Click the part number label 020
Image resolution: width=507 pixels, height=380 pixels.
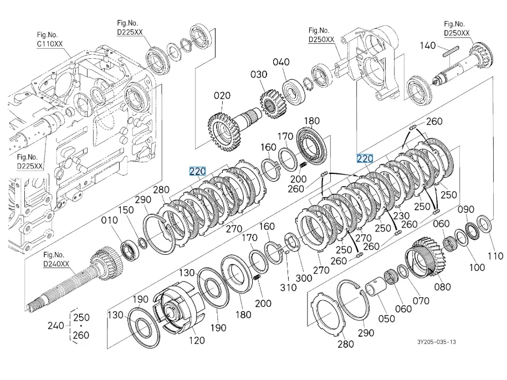(x=222, y=96)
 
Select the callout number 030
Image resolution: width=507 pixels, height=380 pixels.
(x=258, y=74)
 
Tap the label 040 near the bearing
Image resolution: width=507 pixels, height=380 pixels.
(x=281, y=62)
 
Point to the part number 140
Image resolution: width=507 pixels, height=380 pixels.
(x=427, y=45)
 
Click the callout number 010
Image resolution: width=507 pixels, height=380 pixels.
(x=109, y=220)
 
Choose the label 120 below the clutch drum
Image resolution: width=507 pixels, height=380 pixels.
(x=197, y=341)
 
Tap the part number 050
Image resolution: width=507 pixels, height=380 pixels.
(x=386, y=319)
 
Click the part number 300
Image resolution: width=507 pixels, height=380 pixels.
(x=304, y=278)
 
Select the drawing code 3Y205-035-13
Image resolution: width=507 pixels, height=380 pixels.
(x=437, y=342)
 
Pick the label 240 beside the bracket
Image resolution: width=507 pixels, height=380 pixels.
(x=56, y=326)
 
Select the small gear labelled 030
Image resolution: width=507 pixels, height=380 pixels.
(x=272, y=104)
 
